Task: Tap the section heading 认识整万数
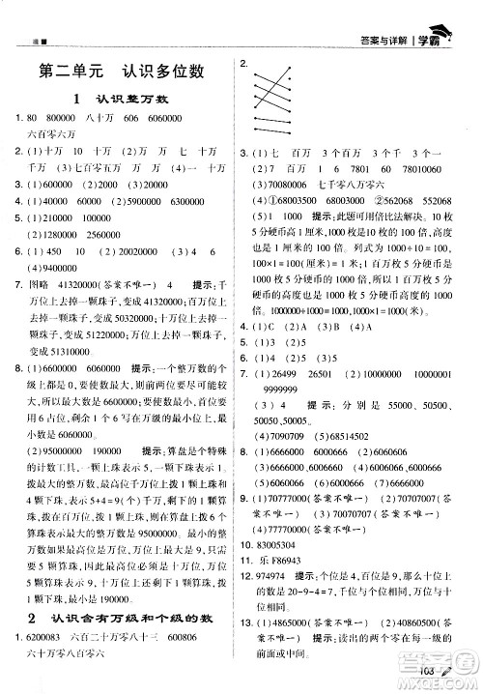point(130,99)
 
